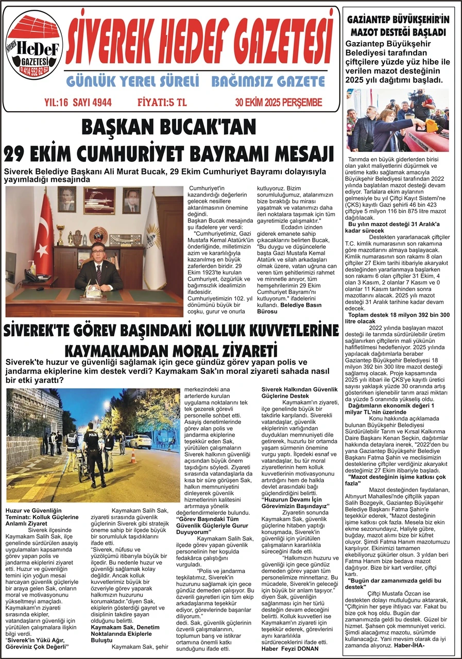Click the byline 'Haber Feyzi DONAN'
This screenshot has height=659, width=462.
point(290,648)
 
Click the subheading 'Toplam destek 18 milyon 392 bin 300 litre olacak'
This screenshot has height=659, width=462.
point(399,318)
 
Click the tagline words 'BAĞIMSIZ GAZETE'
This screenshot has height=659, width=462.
point(268,81)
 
